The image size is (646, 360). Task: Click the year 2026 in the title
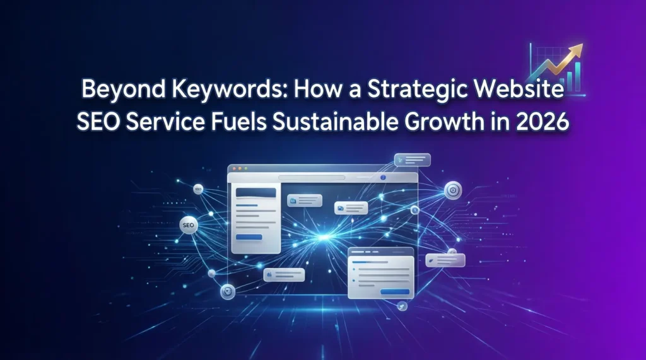[x=544, y=121]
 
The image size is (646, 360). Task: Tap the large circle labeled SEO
[x=187, y=224]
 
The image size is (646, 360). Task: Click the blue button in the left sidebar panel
[x=249, y=236]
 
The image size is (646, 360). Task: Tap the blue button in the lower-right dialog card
[x=395, y=291]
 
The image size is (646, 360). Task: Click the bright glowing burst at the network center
[x=326, y=237]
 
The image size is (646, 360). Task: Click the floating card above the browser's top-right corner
[x=411, y=160]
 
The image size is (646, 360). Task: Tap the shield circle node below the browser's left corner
[x=227, y=292]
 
